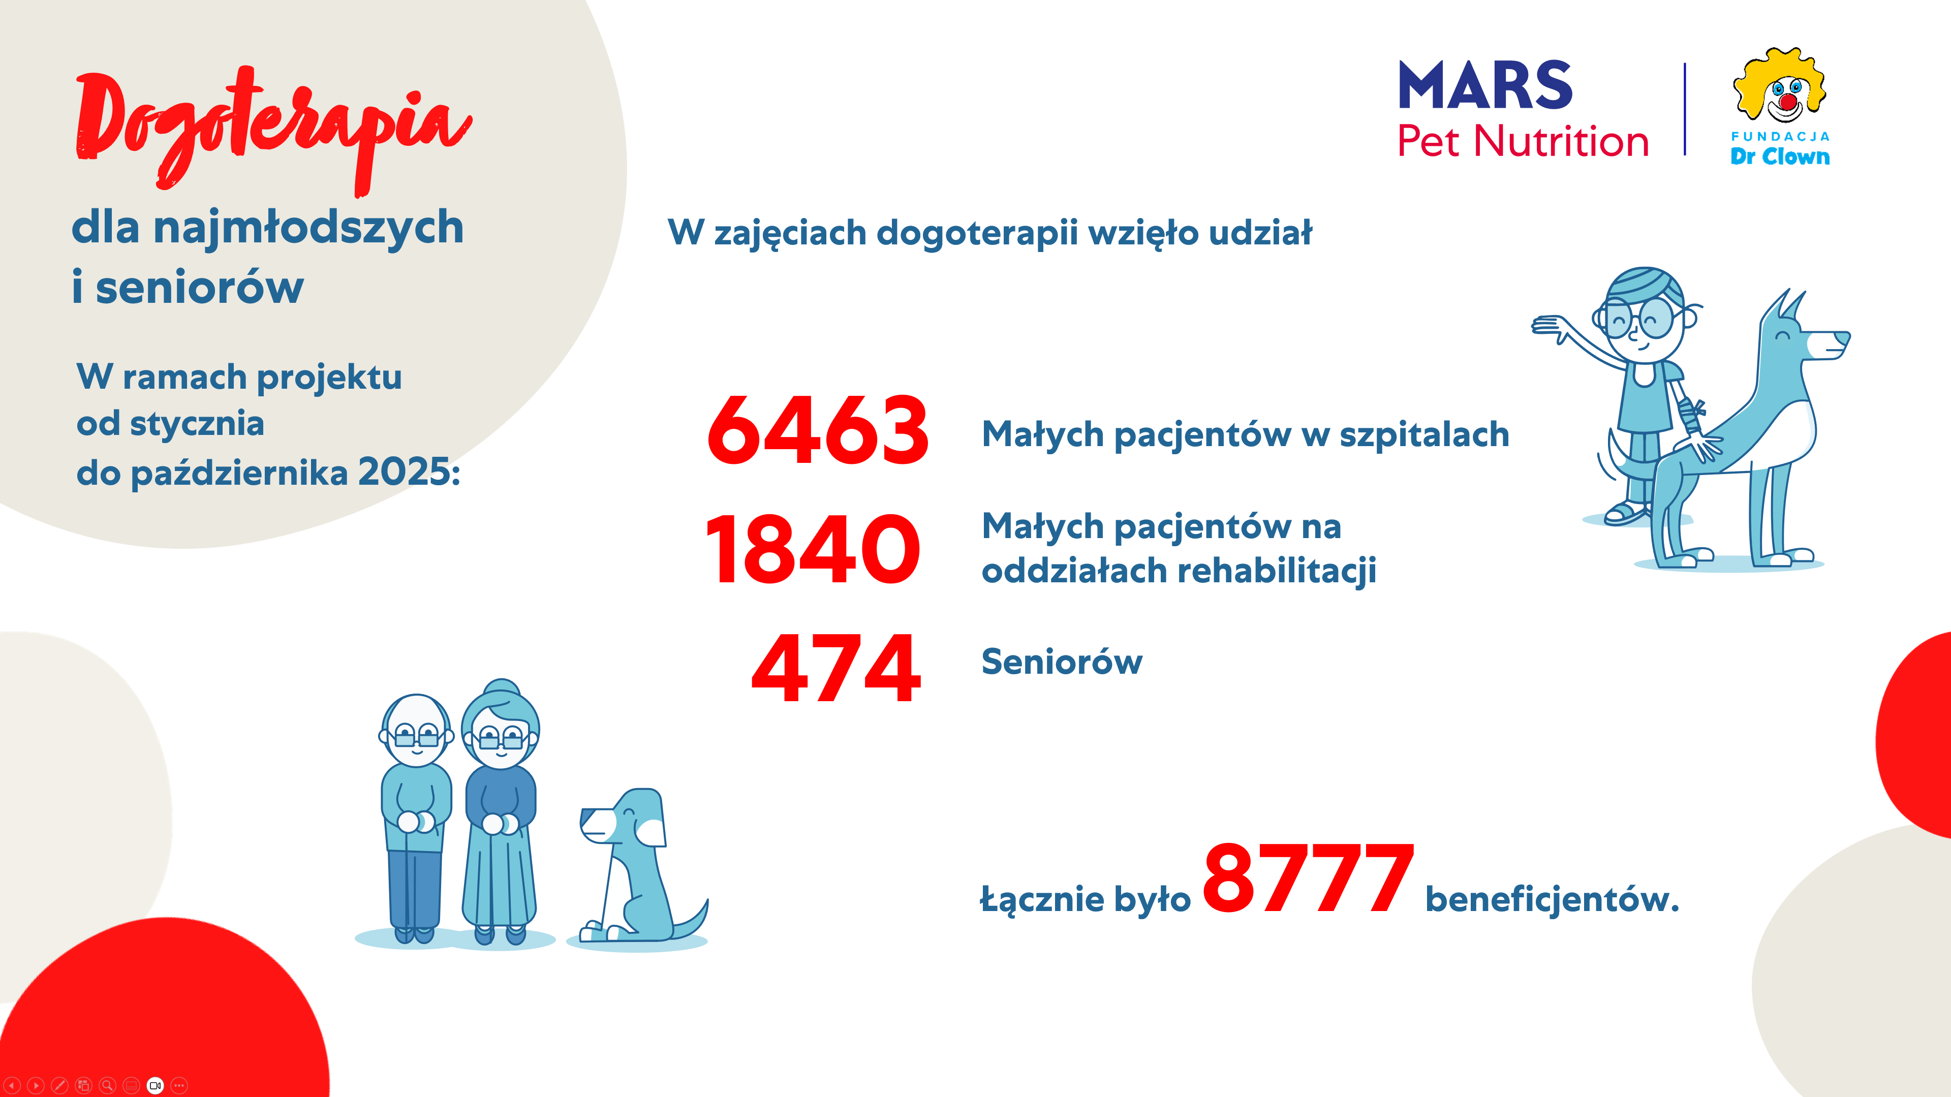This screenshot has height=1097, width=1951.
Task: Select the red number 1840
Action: (812, 549)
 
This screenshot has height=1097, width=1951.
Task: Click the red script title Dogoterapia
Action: (273, 125)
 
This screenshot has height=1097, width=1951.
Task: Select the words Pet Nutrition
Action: (1522, 142)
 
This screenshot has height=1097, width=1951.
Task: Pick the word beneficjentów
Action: (1551, 899)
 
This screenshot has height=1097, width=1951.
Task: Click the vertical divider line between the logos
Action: (1685, 109)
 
